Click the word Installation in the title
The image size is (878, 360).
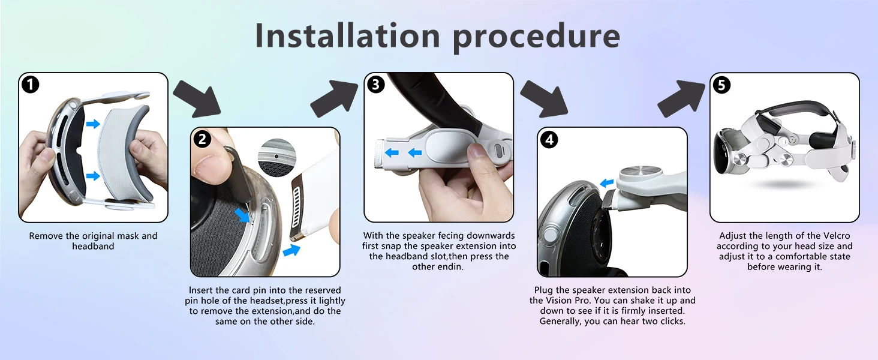point(348,35)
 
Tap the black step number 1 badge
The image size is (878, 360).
point(31,85)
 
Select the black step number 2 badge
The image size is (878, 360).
point(202,139)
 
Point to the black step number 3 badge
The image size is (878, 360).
point(375,85)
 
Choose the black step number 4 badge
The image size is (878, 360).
point(549,140)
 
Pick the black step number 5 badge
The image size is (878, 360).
point(721,85)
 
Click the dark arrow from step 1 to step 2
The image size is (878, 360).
point(197,99)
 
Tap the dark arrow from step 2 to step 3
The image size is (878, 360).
point(334,98)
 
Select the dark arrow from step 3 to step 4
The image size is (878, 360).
point(545,99)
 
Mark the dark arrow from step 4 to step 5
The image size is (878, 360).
point(681,98)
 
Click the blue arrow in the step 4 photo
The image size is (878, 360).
point(607,183)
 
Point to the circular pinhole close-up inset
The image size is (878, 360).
point(277,157)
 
